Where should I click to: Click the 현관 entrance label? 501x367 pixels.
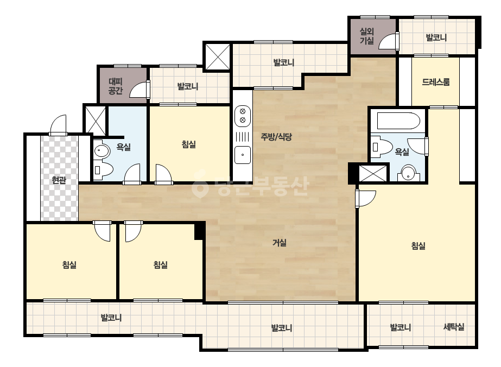tap(59, 180)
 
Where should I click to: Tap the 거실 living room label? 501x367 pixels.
tap(279, 243)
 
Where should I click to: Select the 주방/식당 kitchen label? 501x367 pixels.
tap(276, 137)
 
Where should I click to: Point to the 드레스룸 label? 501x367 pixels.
tap(436, 82)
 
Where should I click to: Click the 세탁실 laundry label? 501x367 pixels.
tap(454, 327)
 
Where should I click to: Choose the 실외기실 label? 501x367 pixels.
tap(367, 36)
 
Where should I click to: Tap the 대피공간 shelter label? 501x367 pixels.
tap(116, 86)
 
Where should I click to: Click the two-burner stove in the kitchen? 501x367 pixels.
tap(243, 116)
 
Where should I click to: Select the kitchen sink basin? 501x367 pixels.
tap(243, 155)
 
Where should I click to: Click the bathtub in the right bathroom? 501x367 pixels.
tap(398, 121)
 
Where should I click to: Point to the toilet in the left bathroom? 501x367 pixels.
tap(104, 169)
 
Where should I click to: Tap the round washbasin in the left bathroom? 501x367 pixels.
tap(102, 151)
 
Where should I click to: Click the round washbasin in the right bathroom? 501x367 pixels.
tap(408, 173)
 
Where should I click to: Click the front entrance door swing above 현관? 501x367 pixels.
tap(59, 125)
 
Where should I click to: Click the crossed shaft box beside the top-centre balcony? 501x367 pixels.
tap(217, 57)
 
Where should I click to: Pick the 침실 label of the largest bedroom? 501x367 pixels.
tap(418, 246)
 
